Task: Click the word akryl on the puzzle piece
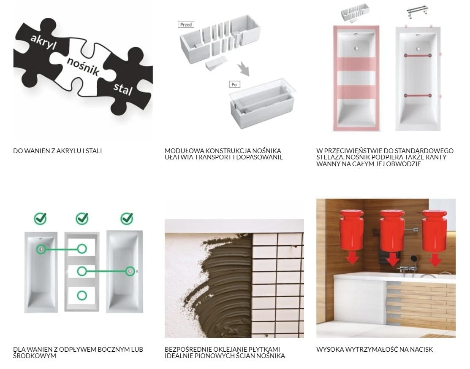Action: coord(43,42)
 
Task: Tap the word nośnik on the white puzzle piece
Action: coord(83,66)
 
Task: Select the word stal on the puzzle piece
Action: coord(123,89)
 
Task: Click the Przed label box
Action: coord(186,24)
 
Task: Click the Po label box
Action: coord(234,84)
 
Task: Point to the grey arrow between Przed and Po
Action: coord(244,69)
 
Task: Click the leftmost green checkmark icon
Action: coord(40,218)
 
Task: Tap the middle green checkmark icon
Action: coord(82,218)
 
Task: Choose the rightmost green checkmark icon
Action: coord(127,218)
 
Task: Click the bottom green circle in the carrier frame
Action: coord(82,295)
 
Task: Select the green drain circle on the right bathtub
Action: coord(130,271)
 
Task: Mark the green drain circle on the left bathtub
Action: coord(41,249)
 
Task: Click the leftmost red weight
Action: coord(351,229)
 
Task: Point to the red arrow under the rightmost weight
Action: coord(435,259)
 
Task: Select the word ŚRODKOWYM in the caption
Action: coord(35,356)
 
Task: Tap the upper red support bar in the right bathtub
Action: coord(418,55)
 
